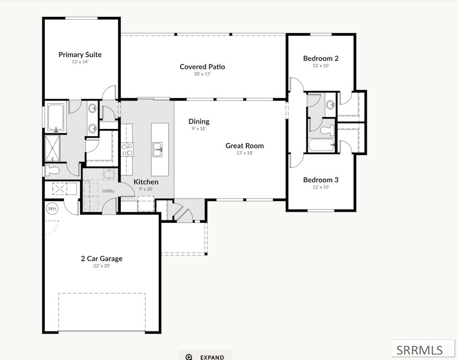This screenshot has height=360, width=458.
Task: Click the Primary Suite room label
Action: point(80,55)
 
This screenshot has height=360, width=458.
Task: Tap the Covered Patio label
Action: point(202,67)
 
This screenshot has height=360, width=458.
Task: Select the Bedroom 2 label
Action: point(321,58)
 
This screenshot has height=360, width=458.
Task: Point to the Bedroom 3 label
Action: point(321,180)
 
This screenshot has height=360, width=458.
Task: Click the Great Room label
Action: point(245,145)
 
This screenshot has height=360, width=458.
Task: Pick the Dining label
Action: point(199,121)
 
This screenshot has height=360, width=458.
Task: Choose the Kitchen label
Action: point(146,182)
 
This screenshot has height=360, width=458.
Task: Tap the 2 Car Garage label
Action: point(101,259)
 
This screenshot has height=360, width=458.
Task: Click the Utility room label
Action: point(108,191)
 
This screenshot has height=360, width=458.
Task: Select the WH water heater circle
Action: point(52,208)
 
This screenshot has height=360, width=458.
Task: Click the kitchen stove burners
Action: point(127,150)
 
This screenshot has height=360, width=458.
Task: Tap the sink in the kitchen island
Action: point(158,150)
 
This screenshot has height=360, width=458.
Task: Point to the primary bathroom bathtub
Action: point(55,117)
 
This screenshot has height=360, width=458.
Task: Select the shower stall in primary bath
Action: point(52,148)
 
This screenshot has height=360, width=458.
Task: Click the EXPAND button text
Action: point(212,357)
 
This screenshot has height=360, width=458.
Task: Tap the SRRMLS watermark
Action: point(420,350)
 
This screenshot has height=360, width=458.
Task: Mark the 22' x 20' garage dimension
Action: point(101,266)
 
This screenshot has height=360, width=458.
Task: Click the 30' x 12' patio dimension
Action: point(202,74)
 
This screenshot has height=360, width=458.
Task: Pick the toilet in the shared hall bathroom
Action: point(328,130)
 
